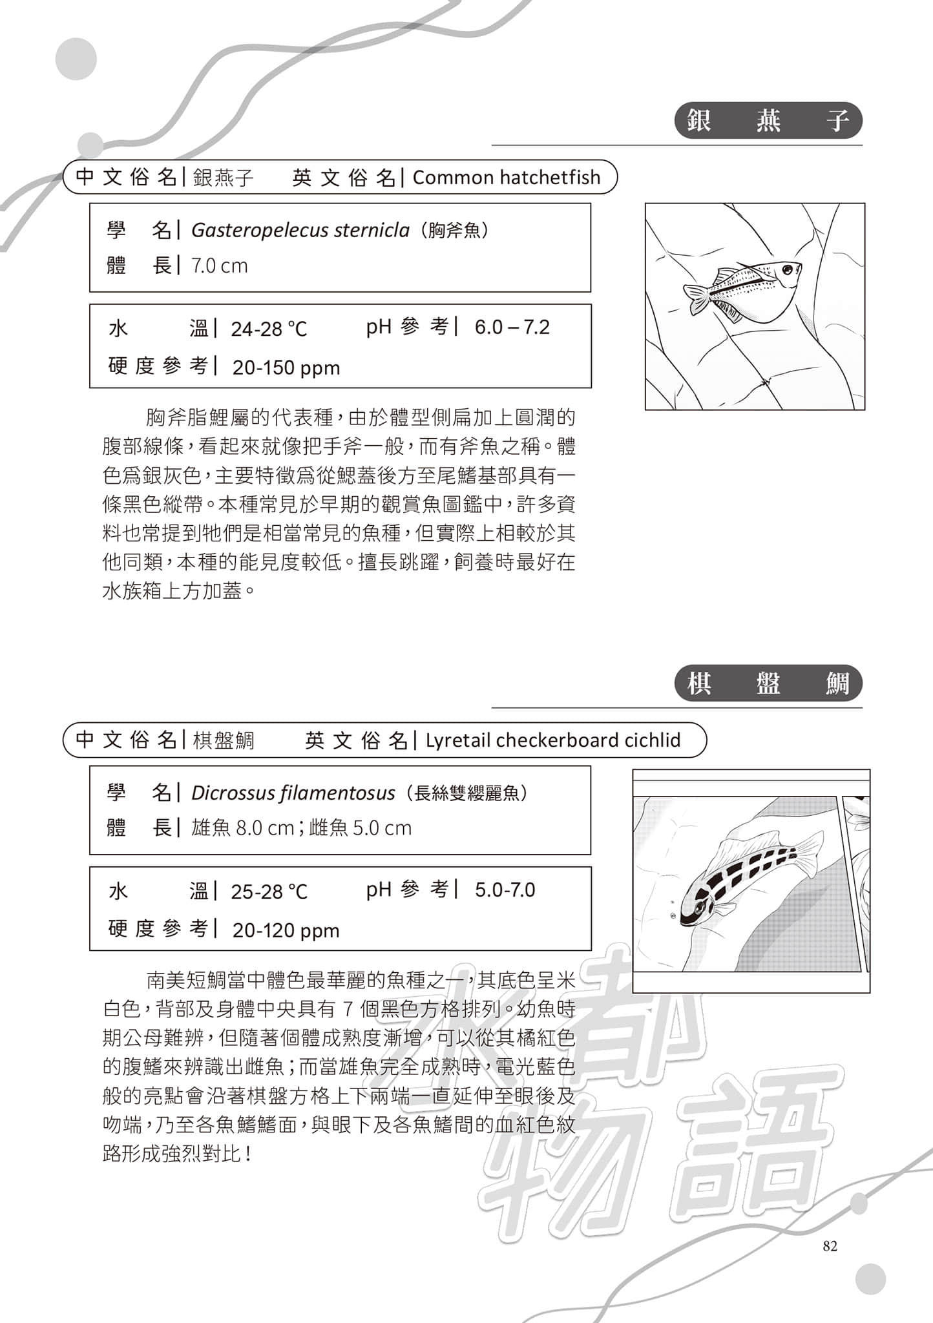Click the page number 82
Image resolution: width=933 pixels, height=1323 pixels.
coord(830,1246)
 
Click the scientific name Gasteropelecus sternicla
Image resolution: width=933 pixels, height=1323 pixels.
coord(300,231)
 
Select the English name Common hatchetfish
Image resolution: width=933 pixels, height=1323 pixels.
coord(507,178)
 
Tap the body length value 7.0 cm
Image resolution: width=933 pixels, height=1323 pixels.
coord(219,266)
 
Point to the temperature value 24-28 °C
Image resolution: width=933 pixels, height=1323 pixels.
coord(269,329)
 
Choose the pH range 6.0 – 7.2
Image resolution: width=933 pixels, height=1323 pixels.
coord(512,328)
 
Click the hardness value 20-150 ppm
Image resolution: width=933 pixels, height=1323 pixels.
coord(286,368)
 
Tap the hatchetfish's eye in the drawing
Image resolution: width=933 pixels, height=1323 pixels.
coord(787,269)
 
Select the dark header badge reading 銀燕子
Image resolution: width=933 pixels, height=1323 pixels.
coord(768,121)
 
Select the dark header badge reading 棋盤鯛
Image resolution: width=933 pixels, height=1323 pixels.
coord(768,683)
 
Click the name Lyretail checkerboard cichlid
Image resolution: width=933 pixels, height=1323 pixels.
coord(553,740)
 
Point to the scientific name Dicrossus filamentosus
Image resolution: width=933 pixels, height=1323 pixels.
coord(293,793)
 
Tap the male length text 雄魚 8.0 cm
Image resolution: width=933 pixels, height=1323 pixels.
coord(243,828)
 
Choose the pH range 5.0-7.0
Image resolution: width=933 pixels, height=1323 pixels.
coord(505,890)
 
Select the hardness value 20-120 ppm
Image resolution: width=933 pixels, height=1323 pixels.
coord(286,930)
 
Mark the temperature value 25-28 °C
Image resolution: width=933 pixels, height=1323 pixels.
coord(269,892)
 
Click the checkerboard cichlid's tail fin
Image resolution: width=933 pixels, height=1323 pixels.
coord(809,851)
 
